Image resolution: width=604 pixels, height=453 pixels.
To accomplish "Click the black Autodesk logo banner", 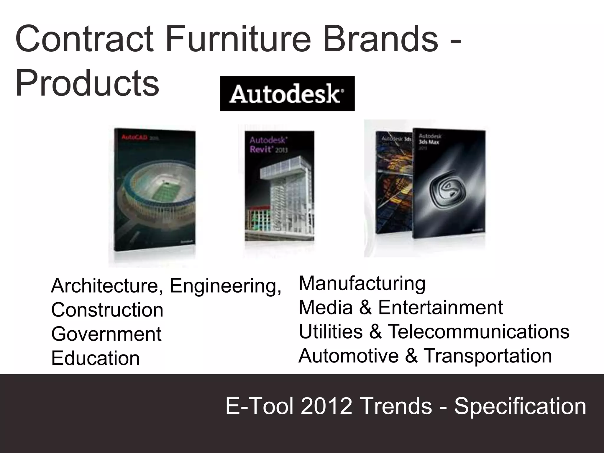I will click(287, 93).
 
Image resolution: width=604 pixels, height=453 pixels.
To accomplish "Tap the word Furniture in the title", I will click(238, 39).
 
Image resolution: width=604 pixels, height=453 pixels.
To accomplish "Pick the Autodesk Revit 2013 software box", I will click(279, 186).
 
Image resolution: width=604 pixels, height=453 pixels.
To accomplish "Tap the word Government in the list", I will click(106, 334).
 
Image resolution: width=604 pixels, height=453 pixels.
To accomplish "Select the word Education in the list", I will click(95, 358).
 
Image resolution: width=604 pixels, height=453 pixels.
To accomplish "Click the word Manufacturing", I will click(362, 283).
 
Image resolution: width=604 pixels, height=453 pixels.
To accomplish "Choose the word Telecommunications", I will click(478, 331).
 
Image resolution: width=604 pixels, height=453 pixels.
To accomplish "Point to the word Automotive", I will click(349, 356).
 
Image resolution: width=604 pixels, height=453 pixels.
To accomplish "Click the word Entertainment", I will click(440, 307).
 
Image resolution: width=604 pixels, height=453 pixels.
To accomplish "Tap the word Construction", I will click(107, 310).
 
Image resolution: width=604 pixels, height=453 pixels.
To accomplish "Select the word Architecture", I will click(105, 285).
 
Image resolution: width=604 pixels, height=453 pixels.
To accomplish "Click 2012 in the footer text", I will click(326, 406).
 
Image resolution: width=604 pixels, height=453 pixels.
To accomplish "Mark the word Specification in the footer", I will click(520, 406).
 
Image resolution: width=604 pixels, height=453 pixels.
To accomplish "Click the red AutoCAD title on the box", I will click(134, 138).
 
